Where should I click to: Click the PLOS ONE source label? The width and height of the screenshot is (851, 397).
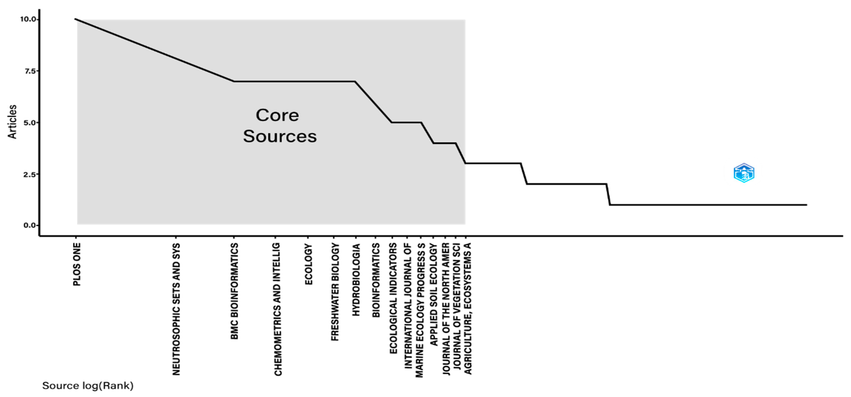click(x=77, y=265)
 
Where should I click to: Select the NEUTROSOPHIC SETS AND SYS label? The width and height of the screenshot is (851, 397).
click(x=176, y=309)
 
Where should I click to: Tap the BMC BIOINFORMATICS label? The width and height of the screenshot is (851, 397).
click(x=234, y=291)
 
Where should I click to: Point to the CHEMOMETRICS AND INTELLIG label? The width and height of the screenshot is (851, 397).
click(x=278, y=309)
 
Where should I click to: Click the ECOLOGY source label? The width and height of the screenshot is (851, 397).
click(x=308, y=264)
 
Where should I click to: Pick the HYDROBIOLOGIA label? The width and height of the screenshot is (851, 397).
click(x=356, y=280)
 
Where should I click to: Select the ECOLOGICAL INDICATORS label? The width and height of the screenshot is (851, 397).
click(x=393, y=298)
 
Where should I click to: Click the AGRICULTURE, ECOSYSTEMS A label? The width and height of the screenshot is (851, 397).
click(x=468, y=309)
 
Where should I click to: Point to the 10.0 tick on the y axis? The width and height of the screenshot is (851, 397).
click(x=28, y=19)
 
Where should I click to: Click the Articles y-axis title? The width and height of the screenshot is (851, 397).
click(x=12, y=122)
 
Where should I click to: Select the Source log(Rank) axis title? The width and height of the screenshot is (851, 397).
click(x=88, y=386)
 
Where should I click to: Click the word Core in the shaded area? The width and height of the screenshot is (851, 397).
click(x=277, y=115)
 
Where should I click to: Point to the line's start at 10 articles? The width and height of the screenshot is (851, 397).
click(x=75, y=19)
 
